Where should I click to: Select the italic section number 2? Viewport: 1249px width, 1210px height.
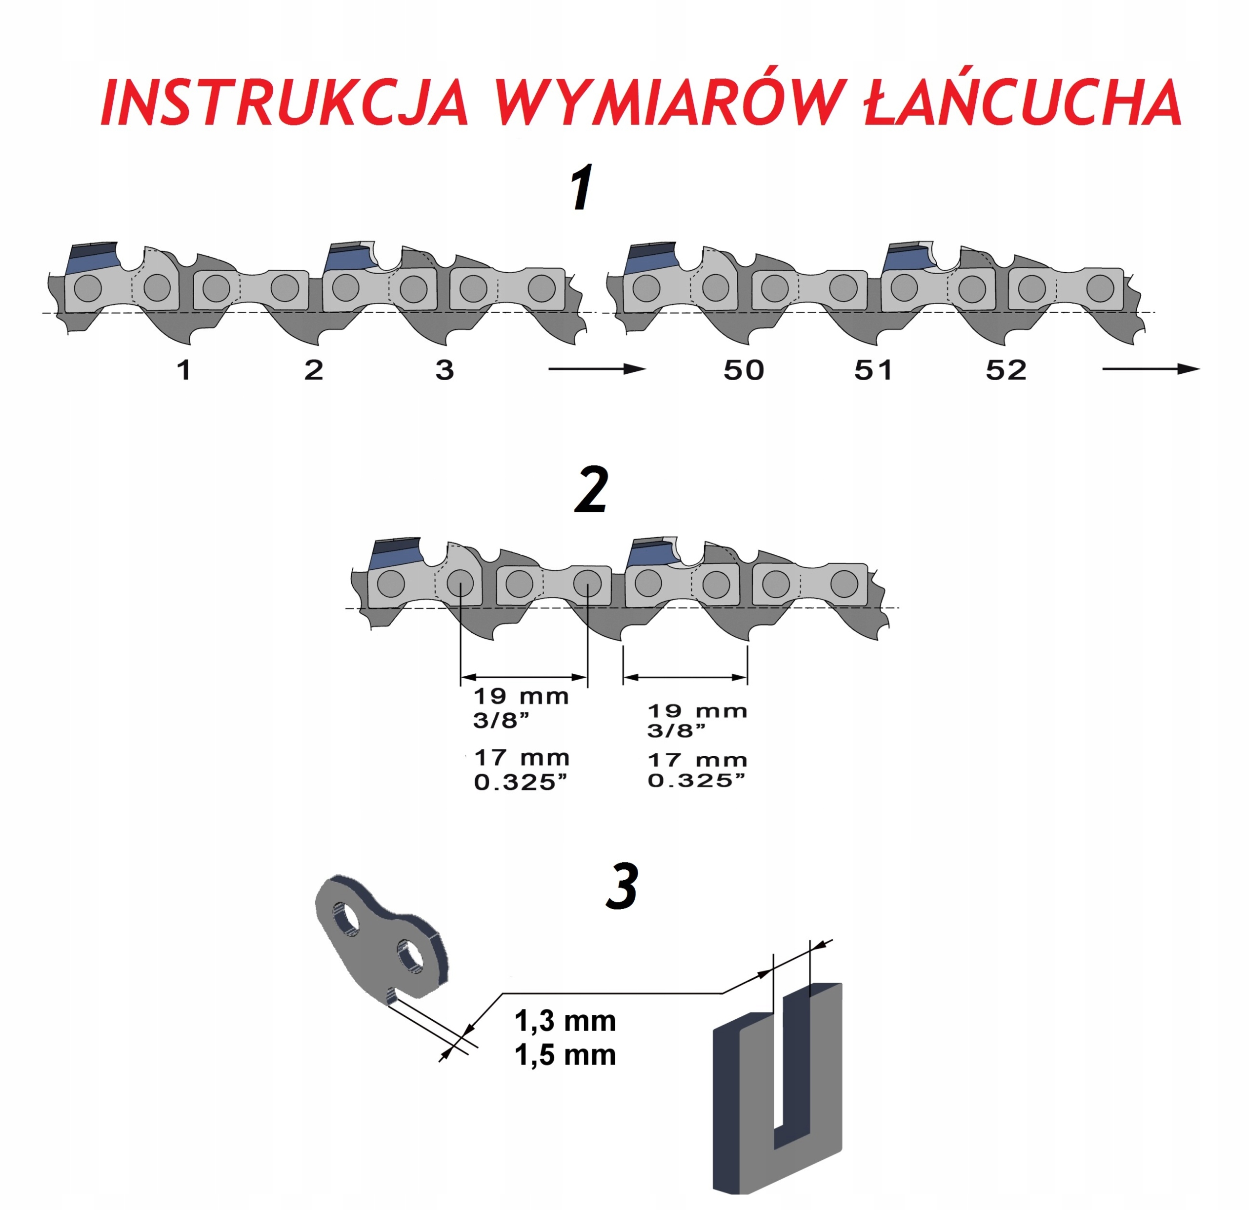point(591,491)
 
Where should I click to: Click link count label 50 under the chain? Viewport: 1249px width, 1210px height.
point(743,370)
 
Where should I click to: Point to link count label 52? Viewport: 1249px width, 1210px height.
point(1006,370)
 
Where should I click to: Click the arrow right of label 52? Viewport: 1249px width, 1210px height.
point(1150,368)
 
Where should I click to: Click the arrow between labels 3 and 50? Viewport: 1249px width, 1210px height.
point(597,368)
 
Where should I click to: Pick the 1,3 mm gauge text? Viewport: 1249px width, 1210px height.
point(564,1021)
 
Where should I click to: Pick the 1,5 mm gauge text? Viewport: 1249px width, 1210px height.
point(564,1055)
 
